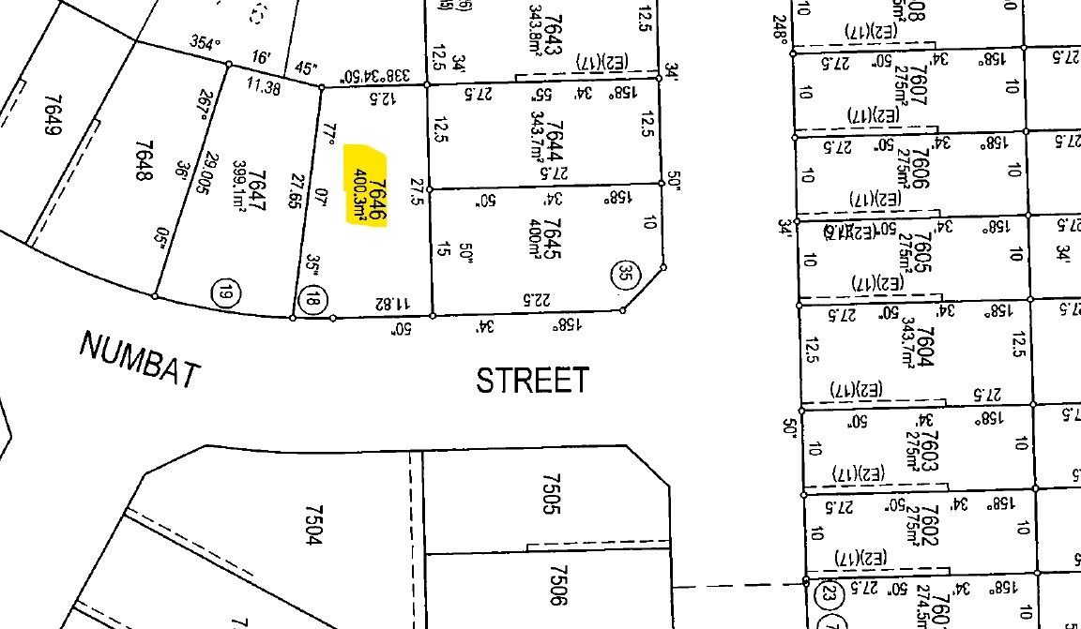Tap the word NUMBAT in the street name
click(140, 359)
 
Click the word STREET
click(533, 381)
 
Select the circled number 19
click(224, 292)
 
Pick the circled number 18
click(312, 300)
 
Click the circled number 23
click(827, 593)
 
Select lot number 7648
click(144, 161)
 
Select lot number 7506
click(559, 584)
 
